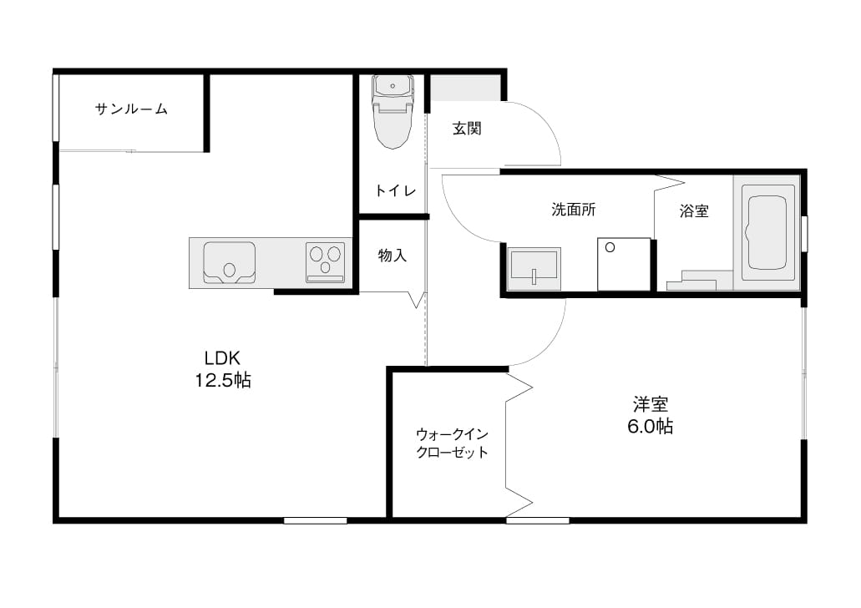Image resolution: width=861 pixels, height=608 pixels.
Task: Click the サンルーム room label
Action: click(x=131, y=109)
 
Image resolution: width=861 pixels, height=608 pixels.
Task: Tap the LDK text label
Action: click(x=222, y=358)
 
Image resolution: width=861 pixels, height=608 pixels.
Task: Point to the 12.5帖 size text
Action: click(x=223, y=379)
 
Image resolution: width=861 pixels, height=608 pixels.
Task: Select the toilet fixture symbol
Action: click(x=392, y=111)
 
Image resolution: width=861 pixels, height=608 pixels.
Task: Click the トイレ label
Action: click(x=395, y=190)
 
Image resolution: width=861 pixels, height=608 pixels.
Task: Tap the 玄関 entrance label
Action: click(x=467, y=129)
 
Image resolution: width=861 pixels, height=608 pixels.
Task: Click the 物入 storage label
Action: click(x=392, y=255)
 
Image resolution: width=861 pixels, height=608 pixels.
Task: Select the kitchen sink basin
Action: click(x=229, y=262)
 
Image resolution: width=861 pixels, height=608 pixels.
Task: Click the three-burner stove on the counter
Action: click(x=326, y=262)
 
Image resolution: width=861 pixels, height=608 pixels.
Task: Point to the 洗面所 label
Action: click(x=573, y=210)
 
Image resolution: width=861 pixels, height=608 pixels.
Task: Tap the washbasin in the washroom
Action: click(x=534, y=269)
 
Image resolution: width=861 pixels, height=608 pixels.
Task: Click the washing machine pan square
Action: click(x=624, y=264)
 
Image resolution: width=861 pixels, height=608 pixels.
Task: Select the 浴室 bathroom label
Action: click(x=694, y=211)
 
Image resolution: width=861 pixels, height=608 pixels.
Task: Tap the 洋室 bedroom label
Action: click(x=651, y=405)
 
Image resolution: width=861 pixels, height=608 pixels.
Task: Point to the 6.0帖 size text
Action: click(x=651, y=426)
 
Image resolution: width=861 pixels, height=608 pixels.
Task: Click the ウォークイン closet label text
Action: click(x=452, y=435)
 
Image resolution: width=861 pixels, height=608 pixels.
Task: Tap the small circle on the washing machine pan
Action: click(x=610, y=248)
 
